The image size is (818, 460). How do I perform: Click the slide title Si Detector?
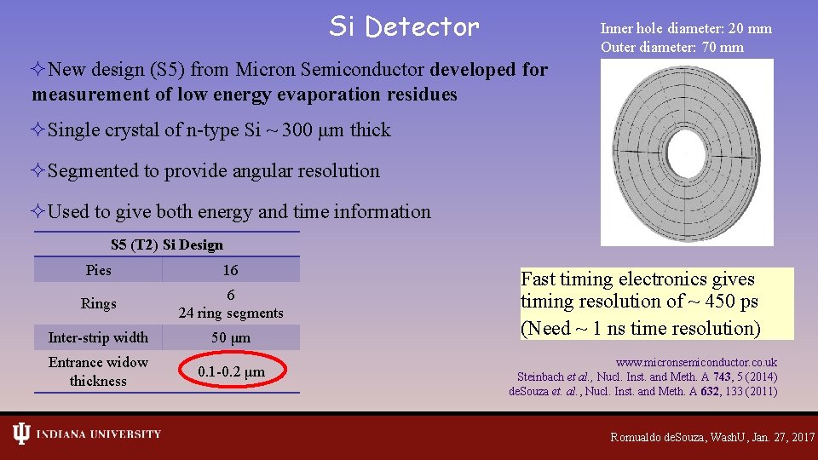point(404,27)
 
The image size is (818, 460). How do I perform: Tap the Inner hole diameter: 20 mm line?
point(686,28)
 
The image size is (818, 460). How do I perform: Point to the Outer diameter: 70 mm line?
point(671,47)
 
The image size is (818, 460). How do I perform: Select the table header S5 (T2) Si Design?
point(167,245)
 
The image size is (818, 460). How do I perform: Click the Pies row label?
point(98,270)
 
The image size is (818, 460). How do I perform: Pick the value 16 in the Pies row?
point(230,270)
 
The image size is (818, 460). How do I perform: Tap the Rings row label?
point(98,303)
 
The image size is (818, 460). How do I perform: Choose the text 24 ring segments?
point(230,313)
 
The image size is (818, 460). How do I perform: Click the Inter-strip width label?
point(98,337)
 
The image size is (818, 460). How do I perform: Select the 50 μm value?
point(230,337)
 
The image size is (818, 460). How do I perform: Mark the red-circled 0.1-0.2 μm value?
point(231,371)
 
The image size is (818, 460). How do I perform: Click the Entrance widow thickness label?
point(98,371)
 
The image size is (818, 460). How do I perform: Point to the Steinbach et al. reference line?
point(647,377)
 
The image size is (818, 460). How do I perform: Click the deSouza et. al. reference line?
point(642,391)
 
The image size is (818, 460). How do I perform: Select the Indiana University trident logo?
point(21,434)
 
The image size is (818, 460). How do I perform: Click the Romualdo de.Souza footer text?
point(711,436)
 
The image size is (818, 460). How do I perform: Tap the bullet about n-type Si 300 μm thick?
point(219,130)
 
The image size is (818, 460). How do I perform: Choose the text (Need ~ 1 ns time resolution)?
point(640,328)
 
